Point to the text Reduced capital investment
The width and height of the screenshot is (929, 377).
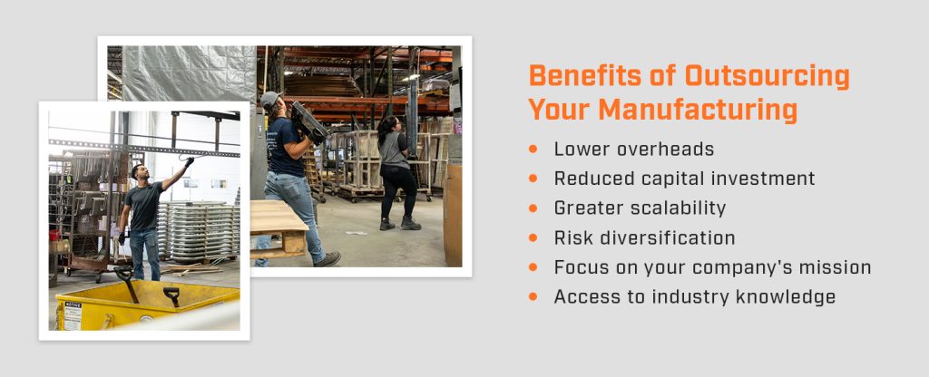coord(684,179)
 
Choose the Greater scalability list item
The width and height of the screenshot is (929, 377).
coord(640,208)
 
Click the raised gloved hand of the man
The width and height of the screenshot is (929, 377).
coord(189,161)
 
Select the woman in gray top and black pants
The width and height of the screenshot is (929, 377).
coord(395,168)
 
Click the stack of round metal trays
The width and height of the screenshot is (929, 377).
coord(198,231)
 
